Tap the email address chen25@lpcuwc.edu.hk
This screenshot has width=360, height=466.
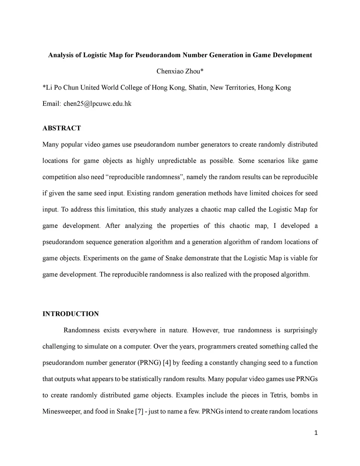point(97,104)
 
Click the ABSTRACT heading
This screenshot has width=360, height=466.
point(62,128)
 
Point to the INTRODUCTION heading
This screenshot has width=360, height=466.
point(71,314)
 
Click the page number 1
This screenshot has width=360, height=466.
point(316,433)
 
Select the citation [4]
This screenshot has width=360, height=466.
point(167,363)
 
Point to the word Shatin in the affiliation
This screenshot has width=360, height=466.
point(197,88)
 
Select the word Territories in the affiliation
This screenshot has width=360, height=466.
point(238,88)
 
